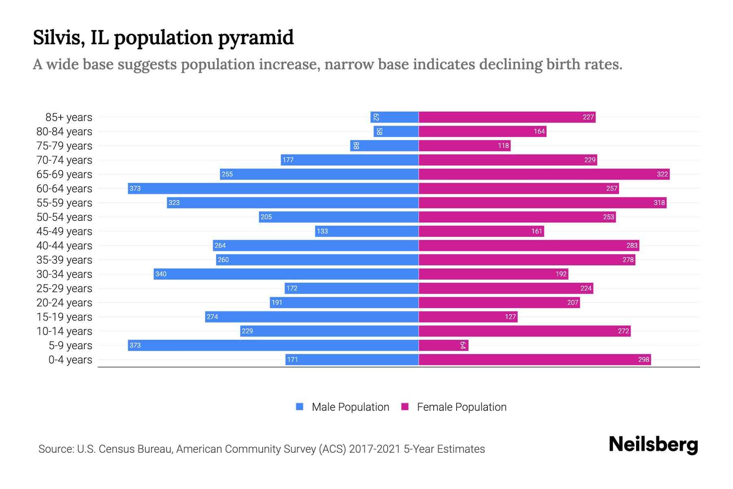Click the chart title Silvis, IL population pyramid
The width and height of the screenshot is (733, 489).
[163, 37]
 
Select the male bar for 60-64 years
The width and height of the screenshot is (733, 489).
[273, 188]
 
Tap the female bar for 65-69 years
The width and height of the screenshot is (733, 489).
[544, 174]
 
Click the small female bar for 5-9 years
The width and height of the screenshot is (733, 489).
[443, 345]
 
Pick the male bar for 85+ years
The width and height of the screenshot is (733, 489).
[394, 117]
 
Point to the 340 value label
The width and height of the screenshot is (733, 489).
[161, 274]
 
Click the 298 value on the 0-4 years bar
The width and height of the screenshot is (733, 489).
[643, 359]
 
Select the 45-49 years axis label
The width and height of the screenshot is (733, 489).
[64, 231]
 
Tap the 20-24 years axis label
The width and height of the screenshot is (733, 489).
[64, 302]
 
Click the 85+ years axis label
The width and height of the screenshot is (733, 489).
[69, 117]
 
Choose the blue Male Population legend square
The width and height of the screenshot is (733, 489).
[300, 407]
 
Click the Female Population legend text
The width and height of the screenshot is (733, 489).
[461, 407]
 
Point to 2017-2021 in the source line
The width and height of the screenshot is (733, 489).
[375, 449]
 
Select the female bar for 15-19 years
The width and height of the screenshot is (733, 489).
[468, 317]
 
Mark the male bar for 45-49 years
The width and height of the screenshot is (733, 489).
[366, 231]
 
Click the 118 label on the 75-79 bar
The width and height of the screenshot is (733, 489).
[503, 145]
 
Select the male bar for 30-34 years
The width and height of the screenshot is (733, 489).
[286, 274]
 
